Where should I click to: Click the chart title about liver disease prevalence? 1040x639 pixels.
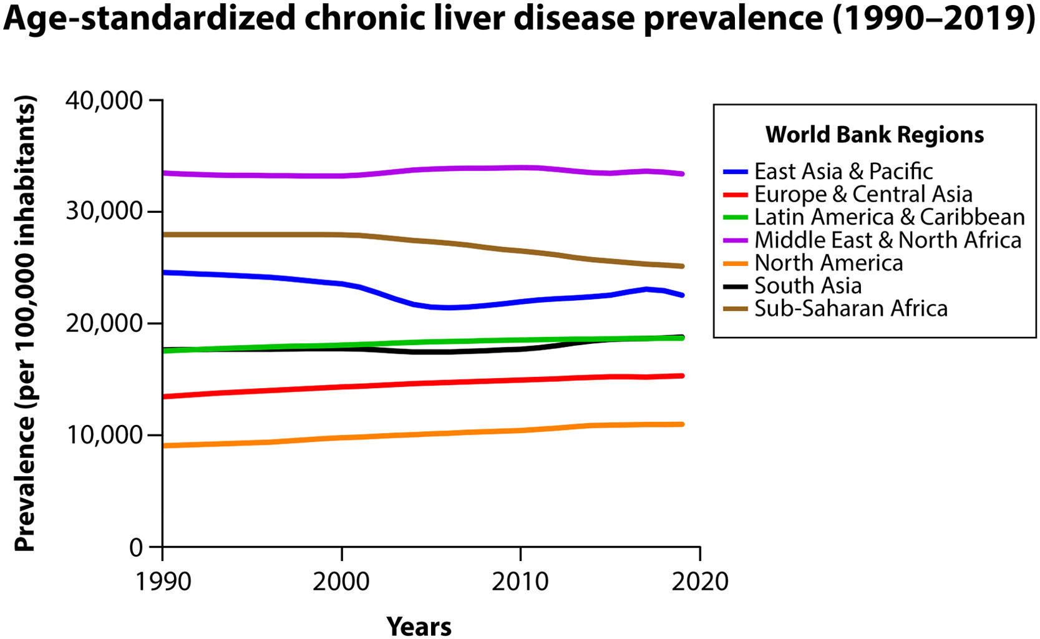pyautogui.click(x=519, y=19)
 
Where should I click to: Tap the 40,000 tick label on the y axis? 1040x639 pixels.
pyautogui.click(x=104, y=100)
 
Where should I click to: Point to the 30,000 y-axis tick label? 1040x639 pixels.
pyautogui.click(x=104, y=212)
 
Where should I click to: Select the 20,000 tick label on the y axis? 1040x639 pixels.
pyautogui.click(x=104, y=323)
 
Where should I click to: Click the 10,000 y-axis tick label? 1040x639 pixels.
pyautogui.click(x=104, y=435)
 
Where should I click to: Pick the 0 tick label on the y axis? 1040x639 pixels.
pyautogui.click(x=136, y=547)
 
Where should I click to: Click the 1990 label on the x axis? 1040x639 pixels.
pyautogui.click(x=163, y=582)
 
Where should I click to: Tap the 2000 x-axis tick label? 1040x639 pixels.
pyautogui.click(x=341, y=582)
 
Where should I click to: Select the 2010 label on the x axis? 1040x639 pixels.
pyautogui.click(x=520, y=582)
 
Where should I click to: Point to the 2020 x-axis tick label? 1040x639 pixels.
pyautogui.click(x=699, y=582)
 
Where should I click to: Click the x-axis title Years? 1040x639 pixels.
pyautogui.click(x=419, y=626)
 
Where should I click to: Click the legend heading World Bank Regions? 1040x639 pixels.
pyautogui.click(x=874, y=135)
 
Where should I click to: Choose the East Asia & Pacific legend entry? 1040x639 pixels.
pyautogui.click(x=843, y=171)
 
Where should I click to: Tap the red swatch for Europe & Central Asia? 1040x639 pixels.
pyautogui.click(x=736, y=194)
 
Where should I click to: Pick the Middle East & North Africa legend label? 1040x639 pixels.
pyautogui.click(x=888, y=240)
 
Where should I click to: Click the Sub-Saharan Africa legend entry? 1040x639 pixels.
pyautogui.click(x=851, y=308)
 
